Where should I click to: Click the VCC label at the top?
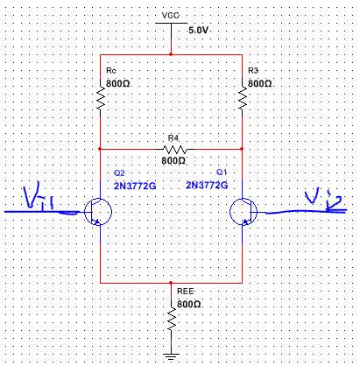171,15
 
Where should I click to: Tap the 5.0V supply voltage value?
198,30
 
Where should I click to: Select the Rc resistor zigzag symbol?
100,98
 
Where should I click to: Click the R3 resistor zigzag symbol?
242,98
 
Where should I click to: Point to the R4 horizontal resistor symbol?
174,150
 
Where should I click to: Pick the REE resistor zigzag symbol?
171,319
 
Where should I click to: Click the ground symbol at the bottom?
171,356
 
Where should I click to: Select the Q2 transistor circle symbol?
98,212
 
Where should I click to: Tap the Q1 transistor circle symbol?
244,212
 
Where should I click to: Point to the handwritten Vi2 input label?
323,200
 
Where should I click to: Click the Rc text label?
111,71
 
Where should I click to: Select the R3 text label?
253,70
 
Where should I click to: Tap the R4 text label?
173,137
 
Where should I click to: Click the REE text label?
186,292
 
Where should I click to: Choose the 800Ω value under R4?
173,160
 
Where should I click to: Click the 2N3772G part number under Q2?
135,186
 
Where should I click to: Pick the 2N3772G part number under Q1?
207,185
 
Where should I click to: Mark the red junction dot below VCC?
171,54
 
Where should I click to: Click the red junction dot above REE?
171,283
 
